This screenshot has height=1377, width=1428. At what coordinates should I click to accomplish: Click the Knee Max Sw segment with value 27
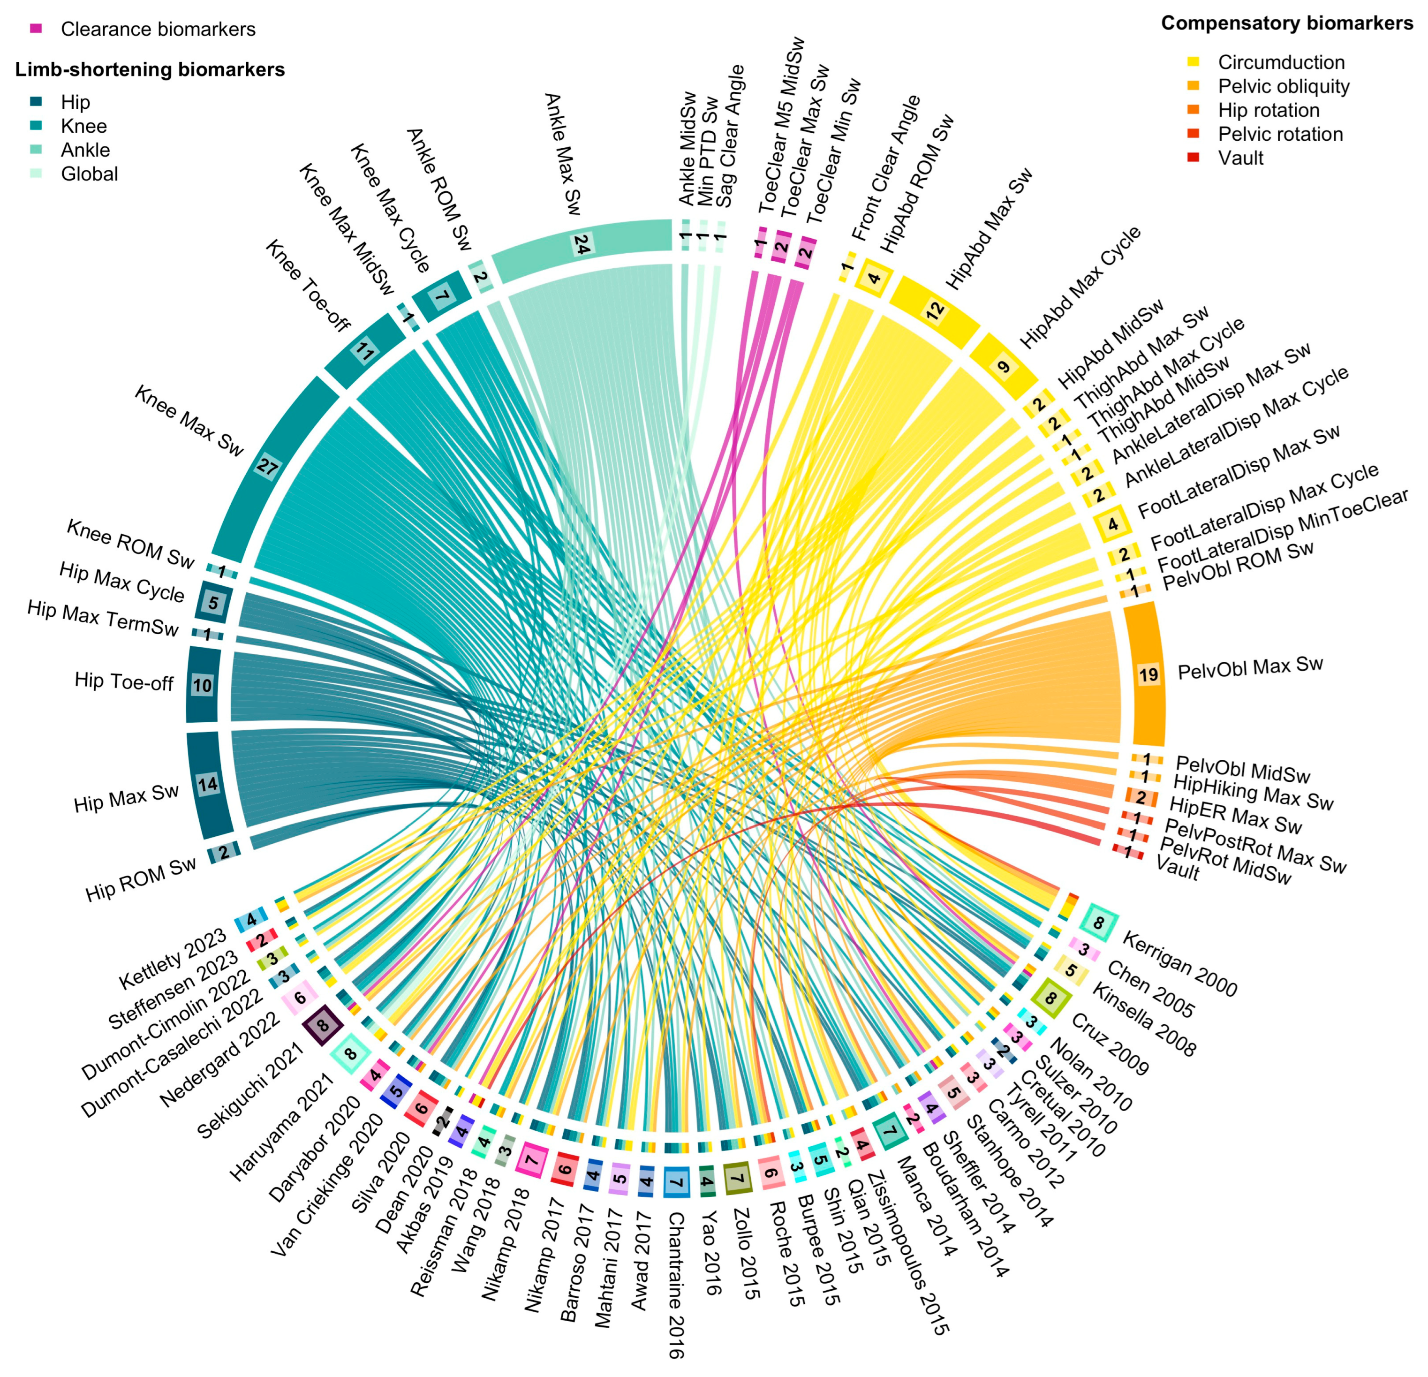click(x=267, y=466)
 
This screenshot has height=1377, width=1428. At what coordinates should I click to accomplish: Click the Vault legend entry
click(x=1240, y=158)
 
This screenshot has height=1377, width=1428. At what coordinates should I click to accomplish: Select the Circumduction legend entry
click(x=1281, y=63)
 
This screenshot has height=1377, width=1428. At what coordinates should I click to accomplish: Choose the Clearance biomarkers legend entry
click(x=158, y=29)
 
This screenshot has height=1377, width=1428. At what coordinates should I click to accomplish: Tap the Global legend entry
click(x=89, y=174)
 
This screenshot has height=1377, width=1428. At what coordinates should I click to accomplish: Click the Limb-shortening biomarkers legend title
click(x=149, y=70)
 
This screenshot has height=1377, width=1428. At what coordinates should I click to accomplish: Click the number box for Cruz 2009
click(x=1050, y=998)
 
